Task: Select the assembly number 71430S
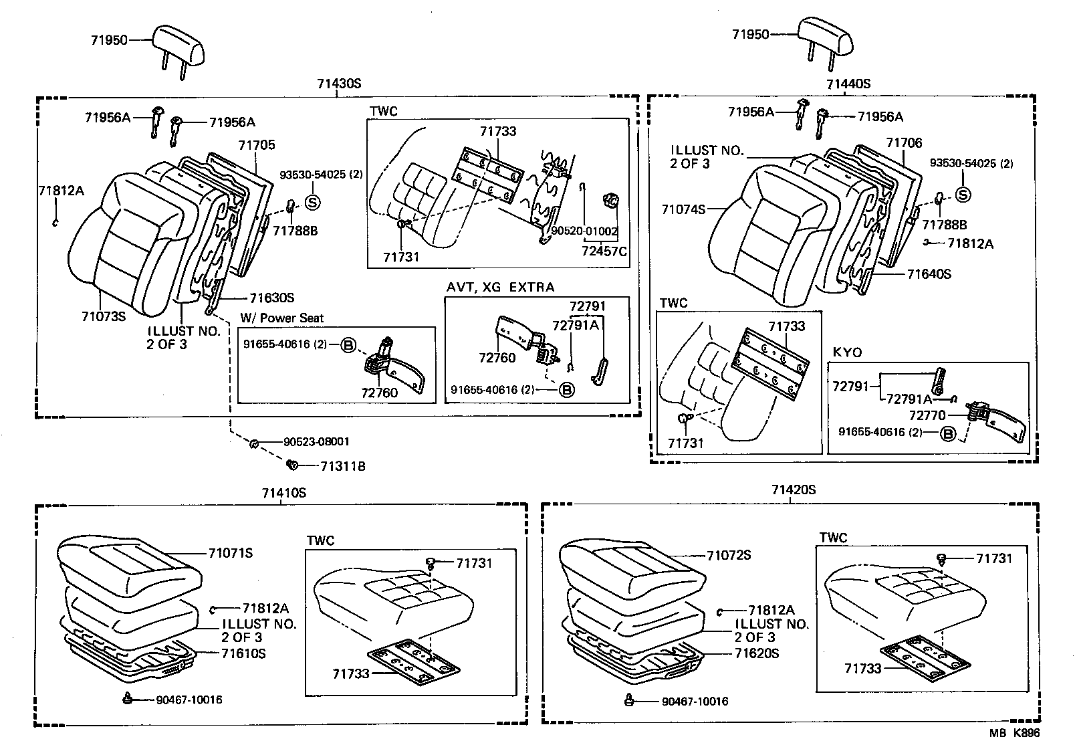tap(339, 84)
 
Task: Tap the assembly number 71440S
tap(848, 84)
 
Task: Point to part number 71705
tap(257, 145)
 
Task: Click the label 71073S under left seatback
tap(104, 316)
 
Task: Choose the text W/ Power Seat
tap(281, 318)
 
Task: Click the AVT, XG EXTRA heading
tap(500, 288)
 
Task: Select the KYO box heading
tap(847, 352)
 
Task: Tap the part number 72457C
tap(604, 251)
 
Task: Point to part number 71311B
tap(342, 466)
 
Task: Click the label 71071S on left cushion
tap(231, 553)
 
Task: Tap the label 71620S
tap(757, 653)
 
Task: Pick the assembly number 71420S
tap(794, 490)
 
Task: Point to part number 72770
tap(927, 415)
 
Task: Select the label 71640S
tap(929, 274)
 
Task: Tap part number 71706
tap(904, 143)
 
